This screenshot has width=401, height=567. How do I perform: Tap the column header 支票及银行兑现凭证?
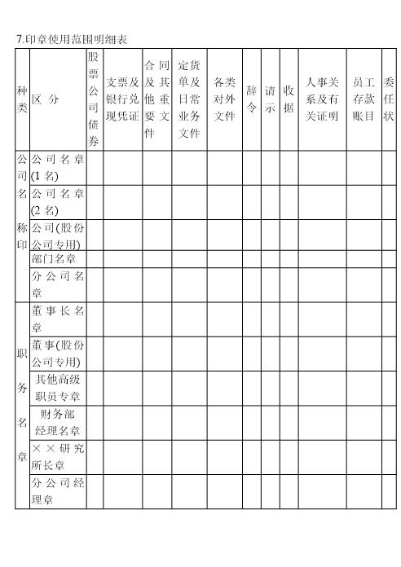(122, 99)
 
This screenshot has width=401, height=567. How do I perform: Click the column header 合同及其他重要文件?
(156, 99)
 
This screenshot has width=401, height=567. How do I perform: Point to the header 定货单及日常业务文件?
(189, 99)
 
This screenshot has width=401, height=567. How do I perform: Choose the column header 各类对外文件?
(224, 99)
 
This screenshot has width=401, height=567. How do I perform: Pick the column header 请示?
(270, 99)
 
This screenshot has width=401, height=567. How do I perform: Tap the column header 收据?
(289, 99)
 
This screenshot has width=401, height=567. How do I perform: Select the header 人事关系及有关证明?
(321, 99)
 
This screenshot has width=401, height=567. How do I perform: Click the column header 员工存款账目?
(364, 99)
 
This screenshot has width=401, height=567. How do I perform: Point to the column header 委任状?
(389, 99)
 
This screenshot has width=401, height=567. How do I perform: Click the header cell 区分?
(46, 99)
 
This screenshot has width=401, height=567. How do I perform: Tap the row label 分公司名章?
(57, 283)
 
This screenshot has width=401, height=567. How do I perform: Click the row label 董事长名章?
(57, 318)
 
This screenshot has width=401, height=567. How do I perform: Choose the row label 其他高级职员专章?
(57, 387)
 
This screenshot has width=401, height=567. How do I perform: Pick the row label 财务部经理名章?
(57, 422)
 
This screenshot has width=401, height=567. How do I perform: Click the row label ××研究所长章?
(57, 456)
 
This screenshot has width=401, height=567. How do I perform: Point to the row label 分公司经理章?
(57, 491)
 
